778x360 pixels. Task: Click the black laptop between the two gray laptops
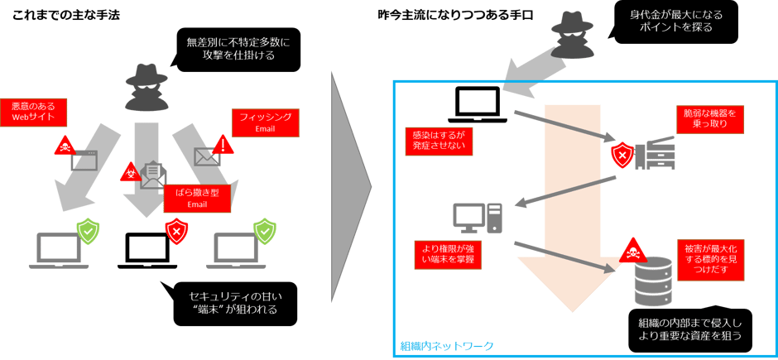pyautogui.click(x=152, y=249)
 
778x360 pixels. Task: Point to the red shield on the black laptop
pyautogui.click(x=175, y=228)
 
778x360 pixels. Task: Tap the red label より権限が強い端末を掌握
pyautogui.click(x=448, y=253)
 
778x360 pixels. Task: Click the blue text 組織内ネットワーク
pyautogui.click(x=448, y=346)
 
